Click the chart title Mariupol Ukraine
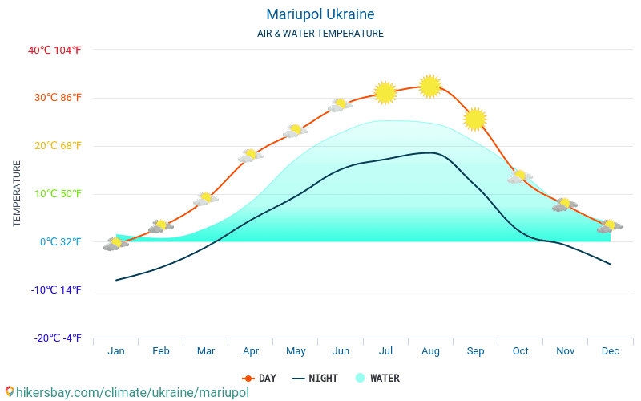click(x=320, y=14)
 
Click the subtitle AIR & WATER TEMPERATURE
click(x=320, y=34)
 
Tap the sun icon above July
click(x=385, y=93)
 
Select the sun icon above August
click(x=430, y=86)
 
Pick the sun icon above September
click(x=475, y=119)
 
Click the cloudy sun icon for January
click(x=116, y=243)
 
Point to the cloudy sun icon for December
click(x=610, y=226)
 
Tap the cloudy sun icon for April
click(x=251, y=155)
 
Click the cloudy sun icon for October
click(x=520, y=176)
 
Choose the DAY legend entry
click(x=260, y=379)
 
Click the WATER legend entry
click(x=377, y=379)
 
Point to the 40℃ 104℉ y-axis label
click(x=54, y=50)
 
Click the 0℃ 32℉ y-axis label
click(x=61, y=242)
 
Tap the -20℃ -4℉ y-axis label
click(x=58, y=338)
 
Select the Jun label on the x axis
click(x=341, y=351)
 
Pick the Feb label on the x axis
click(x=161, y=351)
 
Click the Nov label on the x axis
click(x=565, y=351)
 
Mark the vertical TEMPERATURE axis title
click(x=17, y=194)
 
